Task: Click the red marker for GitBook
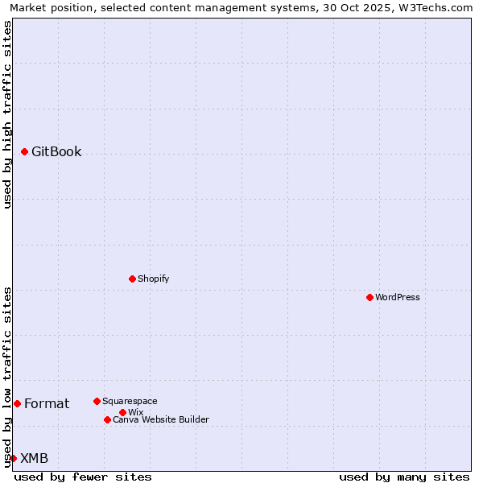tap(25, 151)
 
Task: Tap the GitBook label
tap(56, 152)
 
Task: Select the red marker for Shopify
tap(133, 279)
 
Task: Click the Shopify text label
tap(153, 279)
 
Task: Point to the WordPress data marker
tap(370, 297)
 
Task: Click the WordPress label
tap(398, 297)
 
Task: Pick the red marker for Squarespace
tap(97, 401)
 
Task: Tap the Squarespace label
tap(130, 401)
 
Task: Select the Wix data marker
tap(123, 412)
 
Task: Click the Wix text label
tap(135, 412)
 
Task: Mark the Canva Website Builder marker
tap(107, 419)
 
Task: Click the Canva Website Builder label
tap(160, 419)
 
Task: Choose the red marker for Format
tap(17, 403)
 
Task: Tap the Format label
tap(47, 404)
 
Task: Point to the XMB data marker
tap(14, 458)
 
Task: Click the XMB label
tap(34, 459)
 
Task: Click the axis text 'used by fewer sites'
tap(83, 477)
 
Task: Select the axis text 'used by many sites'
tap(404, 477)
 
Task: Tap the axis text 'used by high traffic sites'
tap(7, 114)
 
